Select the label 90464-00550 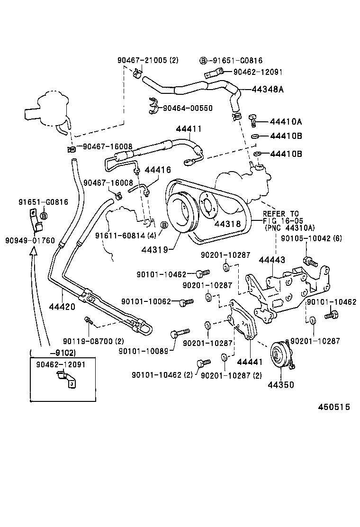point(188,108)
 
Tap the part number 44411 point(189,129)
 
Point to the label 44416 point(158,170)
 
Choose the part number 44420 point(62,307)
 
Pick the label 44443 point(271,259)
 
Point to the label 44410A point(286,122)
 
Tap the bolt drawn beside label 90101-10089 point(180,332)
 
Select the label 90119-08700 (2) point(93,341)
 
